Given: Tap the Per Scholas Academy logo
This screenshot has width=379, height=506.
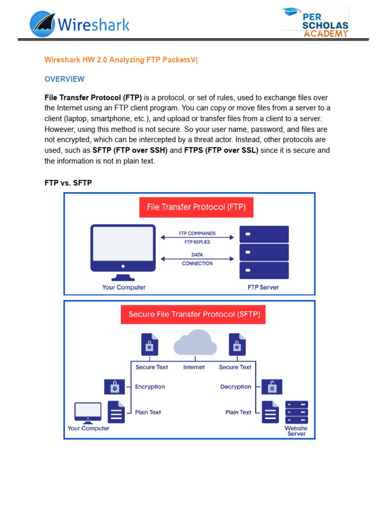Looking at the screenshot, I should point(315,22).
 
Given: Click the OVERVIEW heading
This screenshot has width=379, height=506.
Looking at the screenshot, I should point(64,79).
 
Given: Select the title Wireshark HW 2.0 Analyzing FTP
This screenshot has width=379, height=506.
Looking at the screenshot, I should point(124,60).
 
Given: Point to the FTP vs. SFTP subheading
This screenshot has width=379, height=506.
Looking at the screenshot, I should point(68,183).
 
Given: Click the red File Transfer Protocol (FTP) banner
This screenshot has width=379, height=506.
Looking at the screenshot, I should point(196,207).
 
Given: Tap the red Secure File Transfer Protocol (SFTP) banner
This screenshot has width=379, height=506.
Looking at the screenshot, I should point(193,314).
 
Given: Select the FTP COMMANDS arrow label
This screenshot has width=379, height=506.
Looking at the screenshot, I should point(197,233).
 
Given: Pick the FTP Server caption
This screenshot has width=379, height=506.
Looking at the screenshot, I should point(263,287).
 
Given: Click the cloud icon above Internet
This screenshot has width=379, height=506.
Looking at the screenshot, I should point(195,342).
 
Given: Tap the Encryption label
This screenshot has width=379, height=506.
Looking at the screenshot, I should point(150,387).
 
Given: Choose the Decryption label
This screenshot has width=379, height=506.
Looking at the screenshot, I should point(236,387).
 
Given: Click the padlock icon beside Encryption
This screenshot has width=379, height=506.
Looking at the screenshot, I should point(114,386).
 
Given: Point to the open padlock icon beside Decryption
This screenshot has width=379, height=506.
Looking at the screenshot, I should point(271,386).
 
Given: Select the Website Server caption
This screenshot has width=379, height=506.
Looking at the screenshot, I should point(296,431).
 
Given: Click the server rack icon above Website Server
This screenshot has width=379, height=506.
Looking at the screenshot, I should point(296,412).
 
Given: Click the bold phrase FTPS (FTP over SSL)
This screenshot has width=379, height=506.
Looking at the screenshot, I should point(221,150).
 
